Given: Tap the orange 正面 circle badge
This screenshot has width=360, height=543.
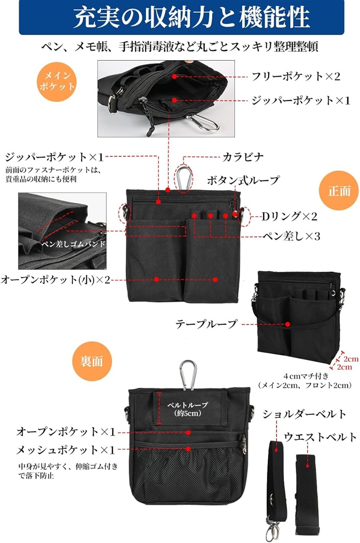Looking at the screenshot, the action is (x=339, y=191).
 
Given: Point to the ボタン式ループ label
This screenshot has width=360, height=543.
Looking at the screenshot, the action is (x=243, y=180).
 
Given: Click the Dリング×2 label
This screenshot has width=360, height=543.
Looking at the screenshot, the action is (x=289, y=217).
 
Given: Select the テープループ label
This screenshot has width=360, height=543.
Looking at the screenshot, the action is (x=206, y=324).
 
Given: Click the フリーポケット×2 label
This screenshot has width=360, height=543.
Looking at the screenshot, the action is (x=296, y=76).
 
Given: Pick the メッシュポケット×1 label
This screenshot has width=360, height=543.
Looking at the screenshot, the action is (x=66, y=450).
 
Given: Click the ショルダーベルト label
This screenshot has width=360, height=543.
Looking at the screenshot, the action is (x=305, y=414).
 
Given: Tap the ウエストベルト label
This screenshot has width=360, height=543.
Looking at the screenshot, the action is (x=320, y=437).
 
